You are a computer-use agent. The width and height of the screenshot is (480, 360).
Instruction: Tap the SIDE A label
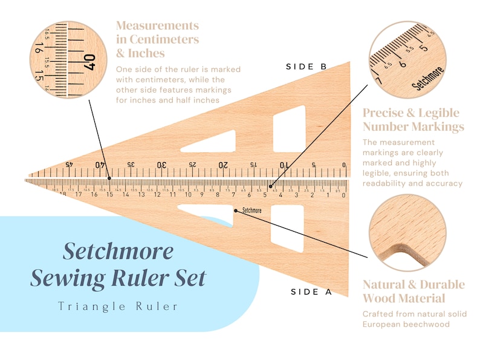coord(311,292)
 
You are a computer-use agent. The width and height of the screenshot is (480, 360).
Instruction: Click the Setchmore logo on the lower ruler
coord(252,211)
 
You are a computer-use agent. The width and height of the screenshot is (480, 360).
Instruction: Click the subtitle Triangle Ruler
coord(118,306)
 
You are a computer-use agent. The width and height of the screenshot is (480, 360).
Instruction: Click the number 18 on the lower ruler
coord(63,194)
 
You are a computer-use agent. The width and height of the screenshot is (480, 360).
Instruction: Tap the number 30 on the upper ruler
coord(161,165)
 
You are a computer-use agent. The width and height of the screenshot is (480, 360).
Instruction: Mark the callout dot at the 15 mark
coord(109,178)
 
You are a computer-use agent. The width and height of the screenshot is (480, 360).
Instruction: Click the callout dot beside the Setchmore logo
coord(235,210)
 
